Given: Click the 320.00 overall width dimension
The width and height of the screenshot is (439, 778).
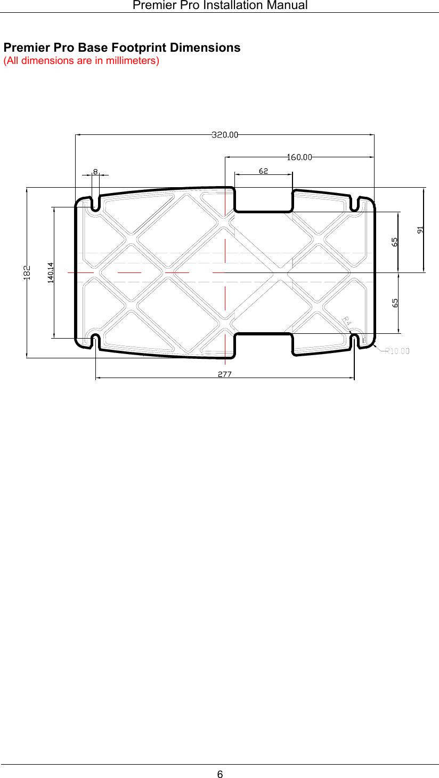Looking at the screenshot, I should tap(225, 135).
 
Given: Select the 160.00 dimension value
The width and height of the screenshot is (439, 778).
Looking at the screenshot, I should tap(299, 157).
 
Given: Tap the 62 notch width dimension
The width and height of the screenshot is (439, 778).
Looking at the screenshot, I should tap(263, 171).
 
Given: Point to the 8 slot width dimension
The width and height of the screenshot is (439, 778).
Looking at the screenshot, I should tap(95, 172).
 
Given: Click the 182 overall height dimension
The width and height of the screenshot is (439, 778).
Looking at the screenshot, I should tap(27, 272).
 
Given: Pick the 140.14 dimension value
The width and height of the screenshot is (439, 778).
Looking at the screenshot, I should tap(51, 272).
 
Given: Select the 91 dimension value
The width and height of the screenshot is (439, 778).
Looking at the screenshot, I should tap(421, 230).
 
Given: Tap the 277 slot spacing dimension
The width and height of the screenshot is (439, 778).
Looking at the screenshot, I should tap(224, 374).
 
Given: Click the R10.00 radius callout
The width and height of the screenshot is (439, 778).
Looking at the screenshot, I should tap(397, 351).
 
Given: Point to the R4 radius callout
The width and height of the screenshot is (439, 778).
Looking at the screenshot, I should tap(346, 320).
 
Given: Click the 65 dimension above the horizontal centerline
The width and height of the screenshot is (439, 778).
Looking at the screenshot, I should tap(395, 242).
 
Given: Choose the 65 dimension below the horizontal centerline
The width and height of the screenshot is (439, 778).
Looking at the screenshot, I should tap(395, 302).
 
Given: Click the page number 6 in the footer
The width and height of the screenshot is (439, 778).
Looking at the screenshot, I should tap(220, 774).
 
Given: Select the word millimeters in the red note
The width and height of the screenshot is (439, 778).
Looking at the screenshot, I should tap(131, 60).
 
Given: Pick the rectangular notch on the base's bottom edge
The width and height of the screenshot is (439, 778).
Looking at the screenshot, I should tap(263, 345).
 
